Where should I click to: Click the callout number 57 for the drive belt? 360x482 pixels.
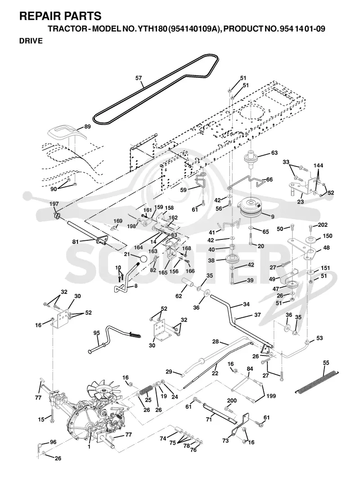139,78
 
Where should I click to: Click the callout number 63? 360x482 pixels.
274,153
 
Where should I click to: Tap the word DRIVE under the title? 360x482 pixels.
31,41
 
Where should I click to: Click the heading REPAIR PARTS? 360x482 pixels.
60,16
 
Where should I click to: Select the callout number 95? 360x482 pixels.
97,333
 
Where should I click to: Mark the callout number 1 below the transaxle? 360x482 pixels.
89,446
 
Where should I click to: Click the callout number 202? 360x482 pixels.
323,225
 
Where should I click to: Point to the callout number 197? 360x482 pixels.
54,204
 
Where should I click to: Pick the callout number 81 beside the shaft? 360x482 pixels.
76,242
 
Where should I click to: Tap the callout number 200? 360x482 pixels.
232,401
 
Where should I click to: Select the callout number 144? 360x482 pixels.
318,166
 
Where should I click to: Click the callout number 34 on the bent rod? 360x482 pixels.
246,304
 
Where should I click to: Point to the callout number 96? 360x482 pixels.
53,442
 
